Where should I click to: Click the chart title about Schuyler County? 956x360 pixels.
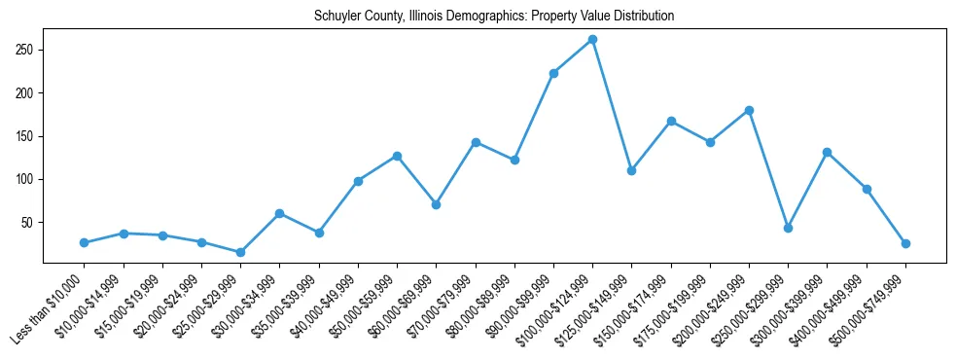494,17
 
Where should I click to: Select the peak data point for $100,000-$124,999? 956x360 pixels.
592,40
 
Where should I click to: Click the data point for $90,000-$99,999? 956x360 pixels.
553,73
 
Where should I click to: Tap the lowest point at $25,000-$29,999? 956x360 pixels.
240,252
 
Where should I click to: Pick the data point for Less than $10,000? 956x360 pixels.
85,242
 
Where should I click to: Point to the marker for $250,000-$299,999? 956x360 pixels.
788,228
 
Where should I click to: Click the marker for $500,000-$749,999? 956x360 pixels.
905,243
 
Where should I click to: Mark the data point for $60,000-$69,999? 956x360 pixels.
436,204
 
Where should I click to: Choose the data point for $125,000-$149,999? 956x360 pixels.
631,170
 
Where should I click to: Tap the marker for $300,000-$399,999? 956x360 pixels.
827,152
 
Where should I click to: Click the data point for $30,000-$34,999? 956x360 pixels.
279,213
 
